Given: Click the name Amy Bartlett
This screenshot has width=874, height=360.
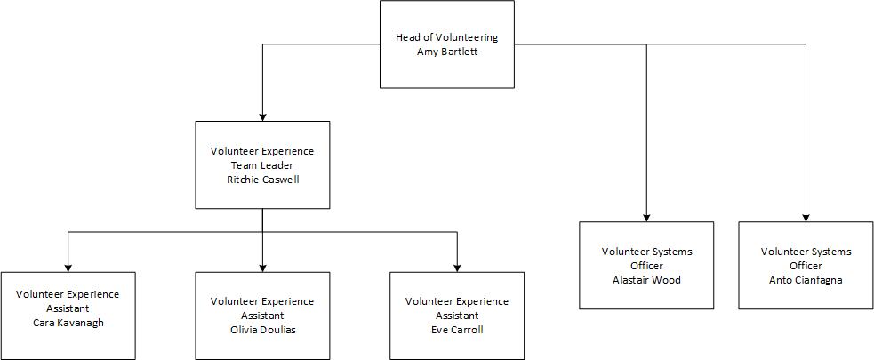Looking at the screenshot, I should pos(446,52).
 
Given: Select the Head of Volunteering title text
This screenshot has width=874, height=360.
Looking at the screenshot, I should pos(446,38).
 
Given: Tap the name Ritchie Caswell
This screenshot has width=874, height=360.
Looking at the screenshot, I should pos(262,179).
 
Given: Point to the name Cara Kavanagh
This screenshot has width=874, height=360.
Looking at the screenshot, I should pos(68,322).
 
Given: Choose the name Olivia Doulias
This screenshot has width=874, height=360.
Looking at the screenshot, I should pos(262,330).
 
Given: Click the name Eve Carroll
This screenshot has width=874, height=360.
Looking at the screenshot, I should pos(457,330).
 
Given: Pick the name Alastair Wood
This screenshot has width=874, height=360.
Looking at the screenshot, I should pos(646,279).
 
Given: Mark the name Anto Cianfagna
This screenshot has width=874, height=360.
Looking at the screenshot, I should pos(806,279).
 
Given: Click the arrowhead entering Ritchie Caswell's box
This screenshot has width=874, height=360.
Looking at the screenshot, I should pos(262,116).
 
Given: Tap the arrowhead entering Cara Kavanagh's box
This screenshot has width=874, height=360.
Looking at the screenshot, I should pos(68,267).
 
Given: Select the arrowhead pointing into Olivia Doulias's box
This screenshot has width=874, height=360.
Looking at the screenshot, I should pos(262,267).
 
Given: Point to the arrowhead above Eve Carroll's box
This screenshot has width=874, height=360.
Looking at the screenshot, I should pos(457,267).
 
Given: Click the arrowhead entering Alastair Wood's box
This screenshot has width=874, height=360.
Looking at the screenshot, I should pos(646,216).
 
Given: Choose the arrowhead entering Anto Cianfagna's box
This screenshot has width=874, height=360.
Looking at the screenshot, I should pos(806,216).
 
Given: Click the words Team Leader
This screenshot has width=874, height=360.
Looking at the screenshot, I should pos(262,165).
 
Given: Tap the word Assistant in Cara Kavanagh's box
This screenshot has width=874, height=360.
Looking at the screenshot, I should pos(68,308).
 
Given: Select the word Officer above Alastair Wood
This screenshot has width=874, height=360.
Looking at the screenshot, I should pos(646,266).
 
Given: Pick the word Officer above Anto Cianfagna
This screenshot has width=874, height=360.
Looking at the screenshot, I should pos(806,266).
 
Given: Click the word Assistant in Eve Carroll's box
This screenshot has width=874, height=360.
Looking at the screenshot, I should pos(457,316).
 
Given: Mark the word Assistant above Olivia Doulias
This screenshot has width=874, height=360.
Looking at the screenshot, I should pos(262,316).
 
